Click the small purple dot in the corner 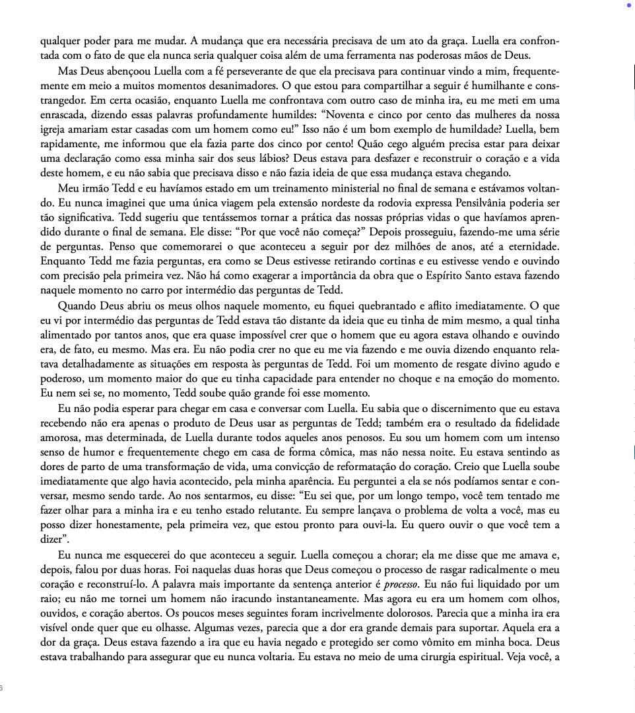629,5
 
